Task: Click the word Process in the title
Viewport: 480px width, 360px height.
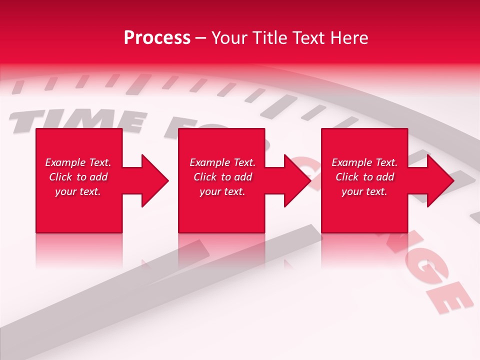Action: tap(157, 38)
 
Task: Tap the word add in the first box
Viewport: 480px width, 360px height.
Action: tap(98, 177)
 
